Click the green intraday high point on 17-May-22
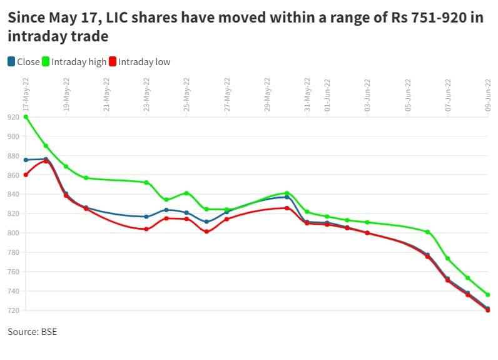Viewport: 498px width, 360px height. tap(26, 117)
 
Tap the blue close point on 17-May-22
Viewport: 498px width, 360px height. tap(26, 160)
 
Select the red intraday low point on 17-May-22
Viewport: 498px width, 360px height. tap(26, 175)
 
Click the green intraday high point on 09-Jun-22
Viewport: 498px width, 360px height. tap(488, 295)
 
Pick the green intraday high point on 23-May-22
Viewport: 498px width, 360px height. tap(146, 183)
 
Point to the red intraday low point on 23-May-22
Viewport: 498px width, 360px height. tap(146, 229)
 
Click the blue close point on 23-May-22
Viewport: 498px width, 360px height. tap(146, 217)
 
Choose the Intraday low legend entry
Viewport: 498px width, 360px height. tap(139, 62)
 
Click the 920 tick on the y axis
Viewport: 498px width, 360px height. tap(13, 117)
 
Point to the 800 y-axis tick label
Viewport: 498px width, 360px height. tap(13, 234)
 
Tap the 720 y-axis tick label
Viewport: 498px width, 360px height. tap(13, 311)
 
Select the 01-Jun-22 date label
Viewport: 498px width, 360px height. tap(327, 95)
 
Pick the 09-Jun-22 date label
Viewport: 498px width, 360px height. tap(489, 95)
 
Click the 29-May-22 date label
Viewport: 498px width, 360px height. tap(268, 95)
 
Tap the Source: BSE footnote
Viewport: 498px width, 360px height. tap(32, 332)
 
